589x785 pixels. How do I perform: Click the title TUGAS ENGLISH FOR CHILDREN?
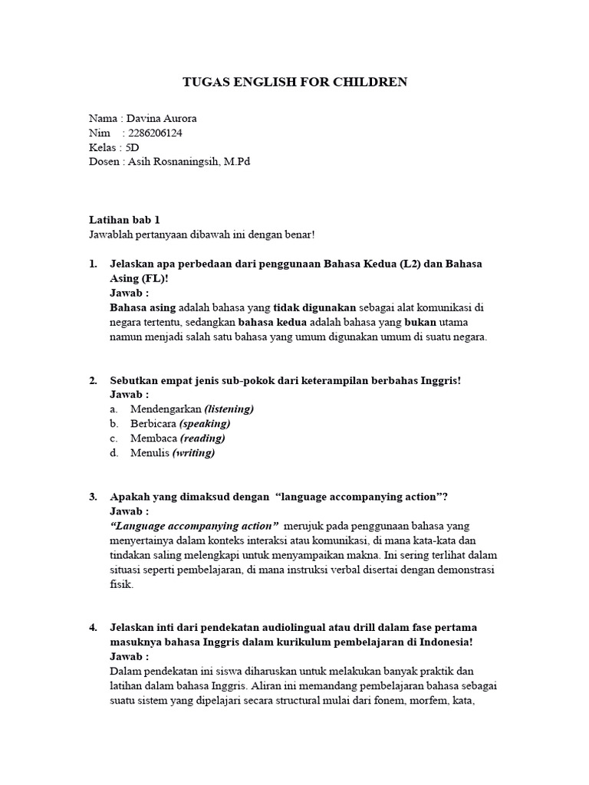[x=294, y=82]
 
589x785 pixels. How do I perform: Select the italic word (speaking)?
[x=205, y=424]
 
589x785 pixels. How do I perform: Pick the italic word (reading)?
[x=202, y=438]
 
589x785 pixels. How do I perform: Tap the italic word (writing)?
[x=193, y=453]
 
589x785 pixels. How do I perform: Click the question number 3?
[x=93, y=497]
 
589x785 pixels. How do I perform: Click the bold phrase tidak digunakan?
[x=314, y=307]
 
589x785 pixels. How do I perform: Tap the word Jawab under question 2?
[x=128, y=395]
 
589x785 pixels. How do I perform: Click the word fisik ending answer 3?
[x=122, y=584]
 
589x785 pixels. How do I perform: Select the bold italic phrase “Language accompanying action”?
[x=195, y=526]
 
